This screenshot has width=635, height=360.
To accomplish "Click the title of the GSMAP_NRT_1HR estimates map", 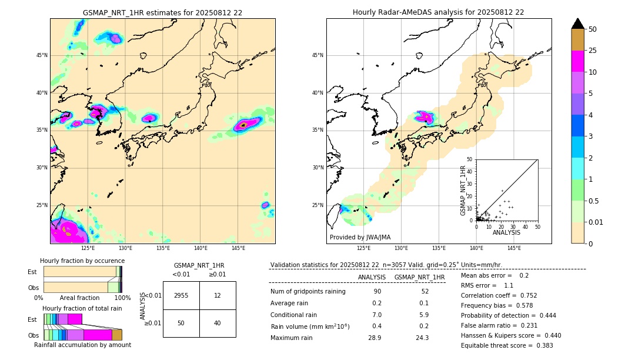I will click(x=162, y=12).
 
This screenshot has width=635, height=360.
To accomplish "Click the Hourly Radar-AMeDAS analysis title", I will click(x=438, y=12).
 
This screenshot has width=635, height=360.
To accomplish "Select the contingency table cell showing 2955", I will click(x=181, y=295).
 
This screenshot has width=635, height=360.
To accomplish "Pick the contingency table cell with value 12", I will click(x=218, y=295).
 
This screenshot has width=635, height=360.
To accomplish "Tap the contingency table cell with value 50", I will click(x=181, y=323).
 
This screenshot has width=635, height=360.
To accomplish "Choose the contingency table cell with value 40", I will click(x=218, y=323).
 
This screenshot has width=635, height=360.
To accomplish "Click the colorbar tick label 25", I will click(x=593, y=51).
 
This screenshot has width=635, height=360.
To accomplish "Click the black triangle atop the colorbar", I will click(x=578, y=24).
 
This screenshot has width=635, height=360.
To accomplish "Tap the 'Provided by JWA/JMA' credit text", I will click(x=360, y=238).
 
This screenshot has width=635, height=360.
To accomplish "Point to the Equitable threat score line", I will click(x=507, y=345).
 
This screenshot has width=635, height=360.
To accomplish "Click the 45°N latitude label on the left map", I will click(x=42, y=55).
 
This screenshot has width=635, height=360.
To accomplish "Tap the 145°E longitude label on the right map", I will click(x=514, y=248).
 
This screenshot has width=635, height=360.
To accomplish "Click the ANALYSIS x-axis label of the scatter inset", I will click(x=506, y=232).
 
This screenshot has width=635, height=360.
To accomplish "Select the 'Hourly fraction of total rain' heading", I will click(x=82, y=309).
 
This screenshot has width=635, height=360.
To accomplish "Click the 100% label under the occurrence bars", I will click(x=122, y=298).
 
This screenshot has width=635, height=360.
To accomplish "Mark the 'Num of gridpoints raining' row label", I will click(x=308, y=292).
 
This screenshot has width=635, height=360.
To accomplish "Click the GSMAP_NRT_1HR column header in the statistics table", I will click(x=419, y=277).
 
